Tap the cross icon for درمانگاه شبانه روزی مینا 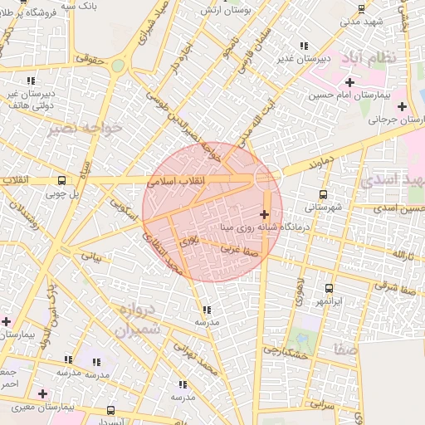(264, 215)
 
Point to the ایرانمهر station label (329, 299)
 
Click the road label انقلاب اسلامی (181, 179)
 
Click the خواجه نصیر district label (85, 128)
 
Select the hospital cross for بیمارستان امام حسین (350, 82)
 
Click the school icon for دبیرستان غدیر (305, 46)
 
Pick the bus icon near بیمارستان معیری (111, 410)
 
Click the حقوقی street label (89, 59)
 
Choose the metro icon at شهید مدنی (361, 9)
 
